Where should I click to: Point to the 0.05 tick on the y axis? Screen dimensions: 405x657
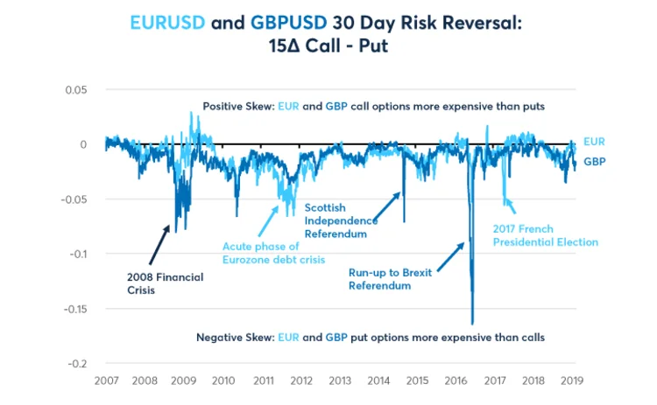tap(77, 89)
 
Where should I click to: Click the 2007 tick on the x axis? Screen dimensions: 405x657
tap(106, 381)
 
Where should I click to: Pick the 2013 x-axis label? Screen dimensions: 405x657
tap(340, 381)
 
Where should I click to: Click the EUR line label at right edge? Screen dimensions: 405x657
tap(594, 142)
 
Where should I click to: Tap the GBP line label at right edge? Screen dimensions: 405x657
tap(595, 162)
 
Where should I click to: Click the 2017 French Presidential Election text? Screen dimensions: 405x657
tap(544, 235)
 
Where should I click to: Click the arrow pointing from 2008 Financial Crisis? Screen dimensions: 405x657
tap(160, 244)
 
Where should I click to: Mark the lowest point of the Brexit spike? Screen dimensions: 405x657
tap(472, 323)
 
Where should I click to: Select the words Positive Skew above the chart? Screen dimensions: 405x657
tap(237, 106)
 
